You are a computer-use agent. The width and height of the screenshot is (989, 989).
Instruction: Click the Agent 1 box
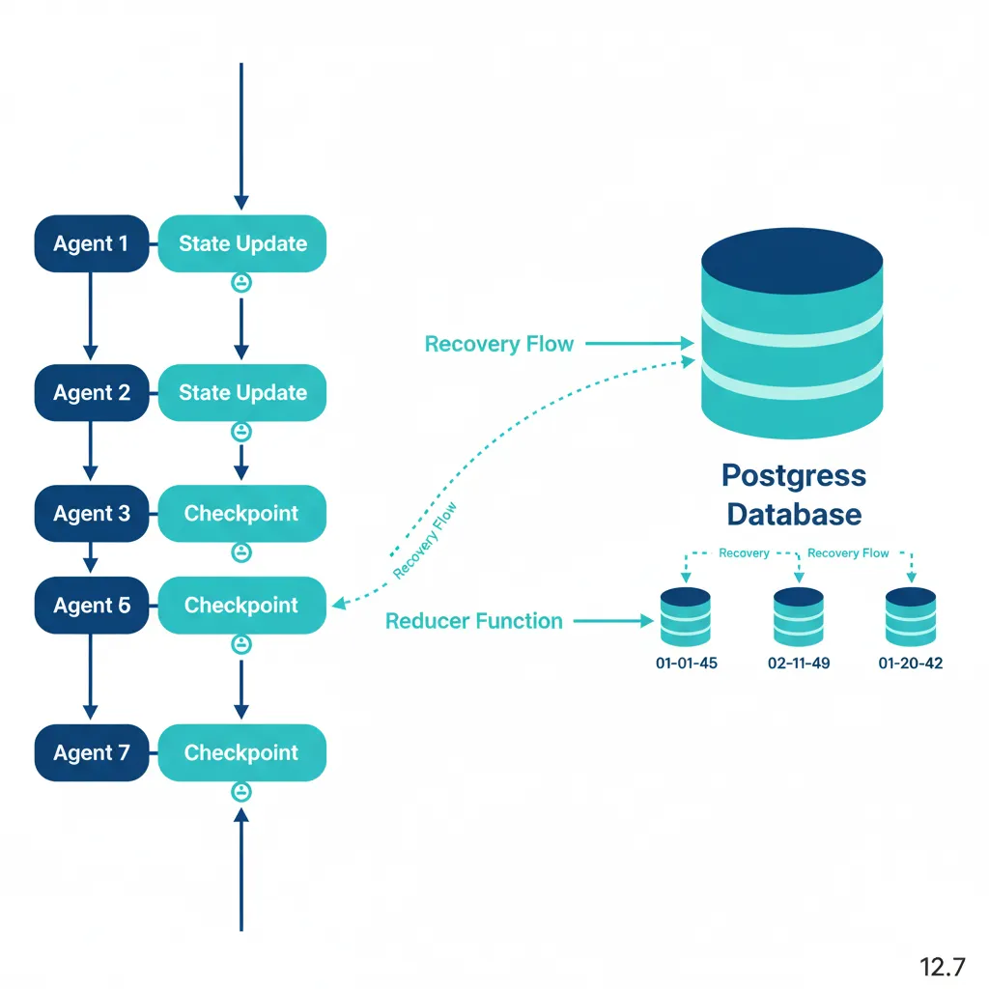pos(91,243)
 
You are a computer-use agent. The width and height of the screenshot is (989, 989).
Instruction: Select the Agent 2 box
pos(91,392)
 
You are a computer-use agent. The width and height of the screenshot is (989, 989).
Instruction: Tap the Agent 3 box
pos(91,513)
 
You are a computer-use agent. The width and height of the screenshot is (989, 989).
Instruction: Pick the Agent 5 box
pos(91,606)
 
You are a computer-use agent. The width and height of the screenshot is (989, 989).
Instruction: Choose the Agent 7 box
pos(91,752)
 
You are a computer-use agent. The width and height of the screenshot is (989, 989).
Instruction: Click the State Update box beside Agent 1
pos(242,243)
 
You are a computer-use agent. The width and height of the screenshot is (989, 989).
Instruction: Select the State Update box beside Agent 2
pos(242,392)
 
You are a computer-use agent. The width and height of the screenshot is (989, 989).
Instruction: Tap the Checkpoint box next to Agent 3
pos(242,513)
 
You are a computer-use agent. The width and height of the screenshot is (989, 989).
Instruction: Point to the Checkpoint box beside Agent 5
pos(242,606)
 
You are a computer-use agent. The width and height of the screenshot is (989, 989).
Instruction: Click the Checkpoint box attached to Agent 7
pos(242,752)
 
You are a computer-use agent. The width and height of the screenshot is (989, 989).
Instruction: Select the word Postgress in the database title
pos(794,475)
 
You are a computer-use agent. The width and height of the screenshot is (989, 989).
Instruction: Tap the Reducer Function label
pos(473,621)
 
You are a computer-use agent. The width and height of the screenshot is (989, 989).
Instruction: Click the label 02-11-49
pos(799,664)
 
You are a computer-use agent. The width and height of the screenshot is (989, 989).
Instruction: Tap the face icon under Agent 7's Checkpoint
pos(241,792)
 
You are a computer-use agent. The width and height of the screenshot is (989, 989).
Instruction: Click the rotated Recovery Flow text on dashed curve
pos(425,541)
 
